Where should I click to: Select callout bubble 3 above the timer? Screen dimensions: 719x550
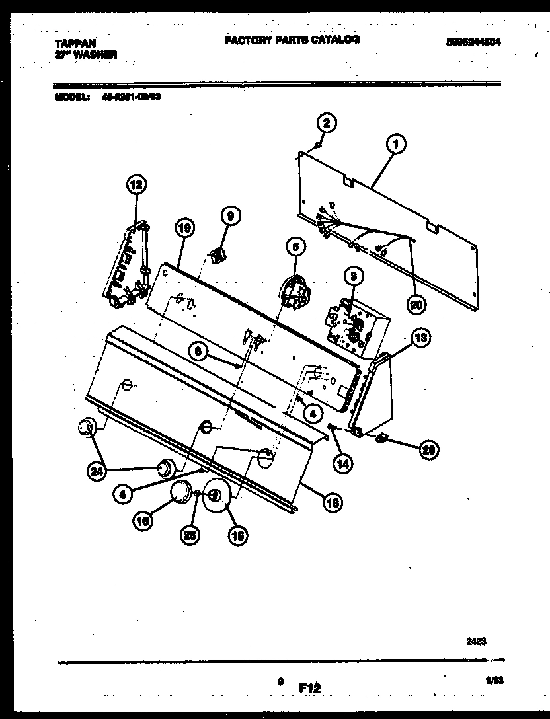(353, 275)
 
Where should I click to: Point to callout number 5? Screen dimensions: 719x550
(295, 247)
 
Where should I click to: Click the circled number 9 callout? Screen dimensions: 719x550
(230, 215)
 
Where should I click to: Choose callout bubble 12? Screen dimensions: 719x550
(136, 186)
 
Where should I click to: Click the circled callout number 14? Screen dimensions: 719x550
(341, 463)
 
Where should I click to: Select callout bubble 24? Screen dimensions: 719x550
(97, 471)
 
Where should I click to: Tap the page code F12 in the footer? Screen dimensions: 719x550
(309, 688)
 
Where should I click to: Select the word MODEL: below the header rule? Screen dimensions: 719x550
(69, 96)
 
